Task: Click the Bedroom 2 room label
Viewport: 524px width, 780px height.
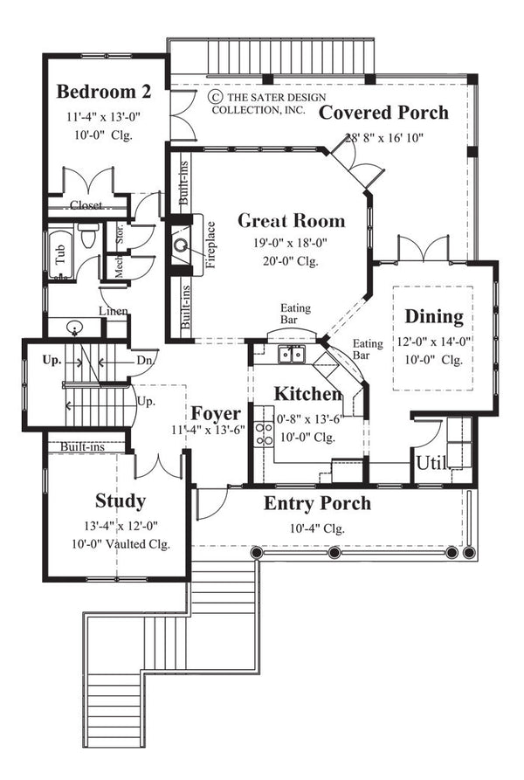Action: click(104, 92)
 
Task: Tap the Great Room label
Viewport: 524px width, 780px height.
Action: click(291, 221)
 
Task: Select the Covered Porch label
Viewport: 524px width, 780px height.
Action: click(383, 113)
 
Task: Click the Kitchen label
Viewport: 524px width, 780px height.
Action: click(308, 394)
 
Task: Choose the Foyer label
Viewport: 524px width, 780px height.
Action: click(217, 412)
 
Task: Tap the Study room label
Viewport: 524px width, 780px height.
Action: click(120, 501)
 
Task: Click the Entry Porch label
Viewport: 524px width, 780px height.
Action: click(317, 503)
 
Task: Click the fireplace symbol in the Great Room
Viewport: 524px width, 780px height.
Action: click(183, 245)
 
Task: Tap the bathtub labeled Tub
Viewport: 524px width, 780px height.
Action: click(60, 254)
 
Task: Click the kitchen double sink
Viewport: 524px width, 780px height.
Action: click(290, 354)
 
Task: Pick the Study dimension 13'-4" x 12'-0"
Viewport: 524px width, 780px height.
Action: click(120, 526)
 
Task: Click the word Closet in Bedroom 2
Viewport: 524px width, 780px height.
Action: click(86, 205)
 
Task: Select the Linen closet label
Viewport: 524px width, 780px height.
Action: click(114, 312)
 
